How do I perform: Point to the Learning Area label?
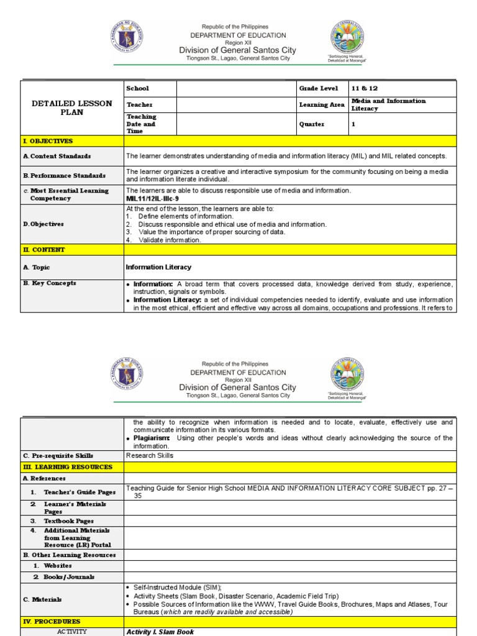point(322,105)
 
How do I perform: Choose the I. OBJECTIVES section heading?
point(48,142)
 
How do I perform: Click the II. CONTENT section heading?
point(43,250)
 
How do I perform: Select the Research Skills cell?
point(150,455)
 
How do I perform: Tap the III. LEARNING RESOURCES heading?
point(67,466)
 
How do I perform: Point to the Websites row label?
point(57,566)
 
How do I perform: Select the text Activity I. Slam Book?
point(160,632)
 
